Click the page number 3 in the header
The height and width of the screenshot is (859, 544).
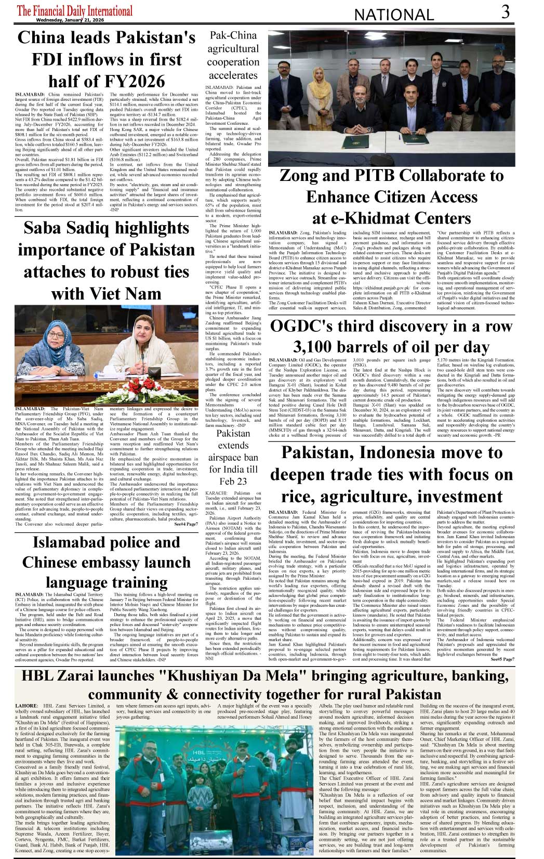(x=505, y=12)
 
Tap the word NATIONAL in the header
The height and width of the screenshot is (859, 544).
(x=393, y=15)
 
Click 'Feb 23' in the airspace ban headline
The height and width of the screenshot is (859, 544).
(x=233, y=481)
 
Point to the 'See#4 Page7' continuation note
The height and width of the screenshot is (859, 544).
(x=185, y=524)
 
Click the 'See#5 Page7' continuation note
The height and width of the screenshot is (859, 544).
(x=502, y=659)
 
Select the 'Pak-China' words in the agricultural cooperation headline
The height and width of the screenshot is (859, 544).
(x=233, y=35)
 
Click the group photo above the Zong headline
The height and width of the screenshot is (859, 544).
(x=391, y=97)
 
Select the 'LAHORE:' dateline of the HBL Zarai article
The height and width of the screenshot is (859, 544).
(x=26, y=706)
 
